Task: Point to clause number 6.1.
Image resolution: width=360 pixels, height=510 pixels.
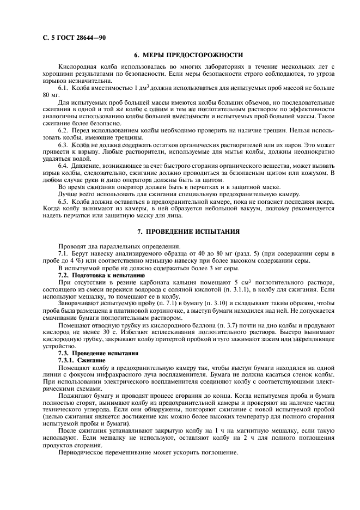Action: click(63, 88)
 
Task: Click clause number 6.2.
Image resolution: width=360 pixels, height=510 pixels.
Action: click(63, 130)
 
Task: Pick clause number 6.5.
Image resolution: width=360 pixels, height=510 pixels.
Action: click(63, 201)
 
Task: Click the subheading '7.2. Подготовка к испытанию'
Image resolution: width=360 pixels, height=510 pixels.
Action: click(93, 276)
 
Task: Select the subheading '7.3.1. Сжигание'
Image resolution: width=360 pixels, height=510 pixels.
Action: click(80, 360)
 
